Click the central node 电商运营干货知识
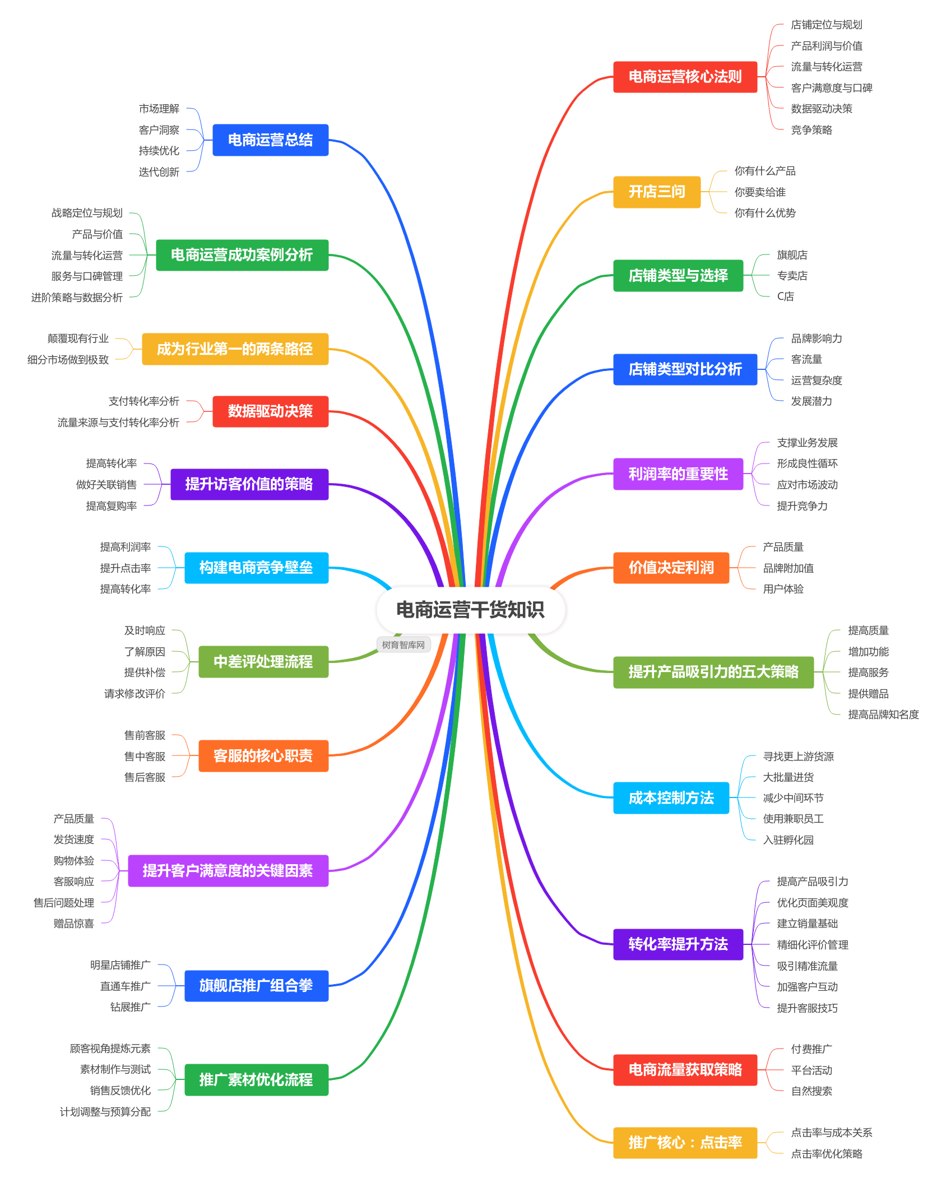(x=470, y=610)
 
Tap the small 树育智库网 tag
(x=404, y=645)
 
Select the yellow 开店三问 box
(x=657, y=192)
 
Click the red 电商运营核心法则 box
(x=685, y=77)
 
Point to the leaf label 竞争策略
(x=811, y=130)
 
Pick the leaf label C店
(x=785, y=296)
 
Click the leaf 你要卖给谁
(x=760, y=192)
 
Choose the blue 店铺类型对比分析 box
(x=685, y=369)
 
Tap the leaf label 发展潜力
(x=811, y=401)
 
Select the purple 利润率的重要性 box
(x=678, y=474)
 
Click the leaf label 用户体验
(x=783, y=589)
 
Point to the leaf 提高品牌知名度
(x=883, y=715)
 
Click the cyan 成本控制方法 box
(x=671, y=798)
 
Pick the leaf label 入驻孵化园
(x=788, y=840)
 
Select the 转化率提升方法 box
(x=678, y=944)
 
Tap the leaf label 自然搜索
(x=811, y=1091)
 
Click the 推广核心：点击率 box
(x=685, y=1143)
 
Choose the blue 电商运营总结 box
(x=270, y=140)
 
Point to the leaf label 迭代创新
(x=159, y=172)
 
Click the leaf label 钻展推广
(x=131, y=1007)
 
